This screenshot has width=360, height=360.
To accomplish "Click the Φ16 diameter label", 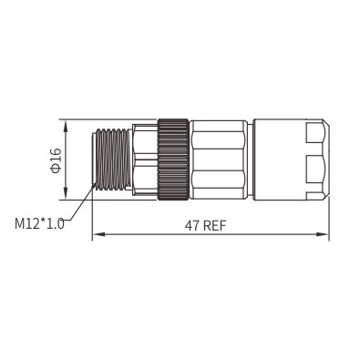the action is point(57,160).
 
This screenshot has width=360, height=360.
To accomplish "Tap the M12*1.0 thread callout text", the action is point(39,223).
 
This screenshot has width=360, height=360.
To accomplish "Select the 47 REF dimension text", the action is point(206,226).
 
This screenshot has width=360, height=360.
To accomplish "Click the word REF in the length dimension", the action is point(215,226).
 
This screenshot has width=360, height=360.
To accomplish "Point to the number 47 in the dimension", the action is point(192,226).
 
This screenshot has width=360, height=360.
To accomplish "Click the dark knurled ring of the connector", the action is point(173,159).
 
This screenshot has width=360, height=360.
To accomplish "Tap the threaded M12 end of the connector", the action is point(112,159).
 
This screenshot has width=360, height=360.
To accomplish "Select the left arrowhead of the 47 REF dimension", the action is point(98,234).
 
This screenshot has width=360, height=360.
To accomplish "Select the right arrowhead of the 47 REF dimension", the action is point(323,234).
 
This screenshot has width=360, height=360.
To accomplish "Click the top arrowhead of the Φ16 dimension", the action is point(66,126).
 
